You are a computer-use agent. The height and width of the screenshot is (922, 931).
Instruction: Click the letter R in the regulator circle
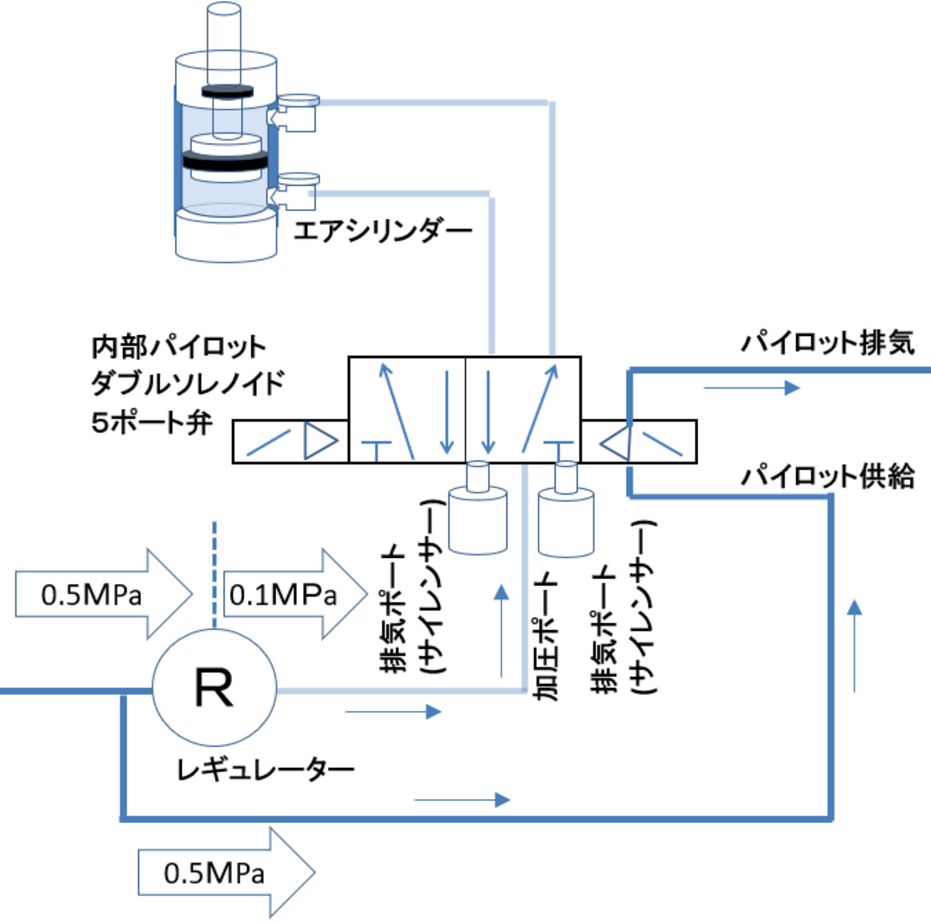(214, 687)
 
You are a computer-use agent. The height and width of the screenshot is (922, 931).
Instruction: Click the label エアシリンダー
(382, 231)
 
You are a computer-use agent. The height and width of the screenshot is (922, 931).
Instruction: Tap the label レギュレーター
(266, 770)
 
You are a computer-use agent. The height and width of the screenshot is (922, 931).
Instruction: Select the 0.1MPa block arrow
(296, 594)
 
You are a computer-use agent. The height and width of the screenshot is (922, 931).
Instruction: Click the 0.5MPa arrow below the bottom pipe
(226, 873)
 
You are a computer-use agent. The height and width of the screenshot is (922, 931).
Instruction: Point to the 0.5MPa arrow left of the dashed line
(104, 594)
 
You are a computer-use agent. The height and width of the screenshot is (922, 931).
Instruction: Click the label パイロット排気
(828, 344)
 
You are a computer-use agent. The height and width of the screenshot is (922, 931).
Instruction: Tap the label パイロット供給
(828, 476)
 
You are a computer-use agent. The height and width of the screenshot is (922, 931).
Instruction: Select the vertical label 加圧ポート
(546, 637)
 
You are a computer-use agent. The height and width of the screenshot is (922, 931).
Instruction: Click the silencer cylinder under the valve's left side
(478, 509)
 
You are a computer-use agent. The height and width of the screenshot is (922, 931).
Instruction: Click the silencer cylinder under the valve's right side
(566, 510)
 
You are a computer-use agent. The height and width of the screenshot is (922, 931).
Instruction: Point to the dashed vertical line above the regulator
(215, 575)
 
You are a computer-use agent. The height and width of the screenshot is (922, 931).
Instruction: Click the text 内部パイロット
(179, 346)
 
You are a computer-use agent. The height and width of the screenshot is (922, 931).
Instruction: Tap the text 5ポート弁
(152, 423)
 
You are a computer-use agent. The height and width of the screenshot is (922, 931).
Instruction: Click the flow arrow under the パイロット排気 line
(752, 387)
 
